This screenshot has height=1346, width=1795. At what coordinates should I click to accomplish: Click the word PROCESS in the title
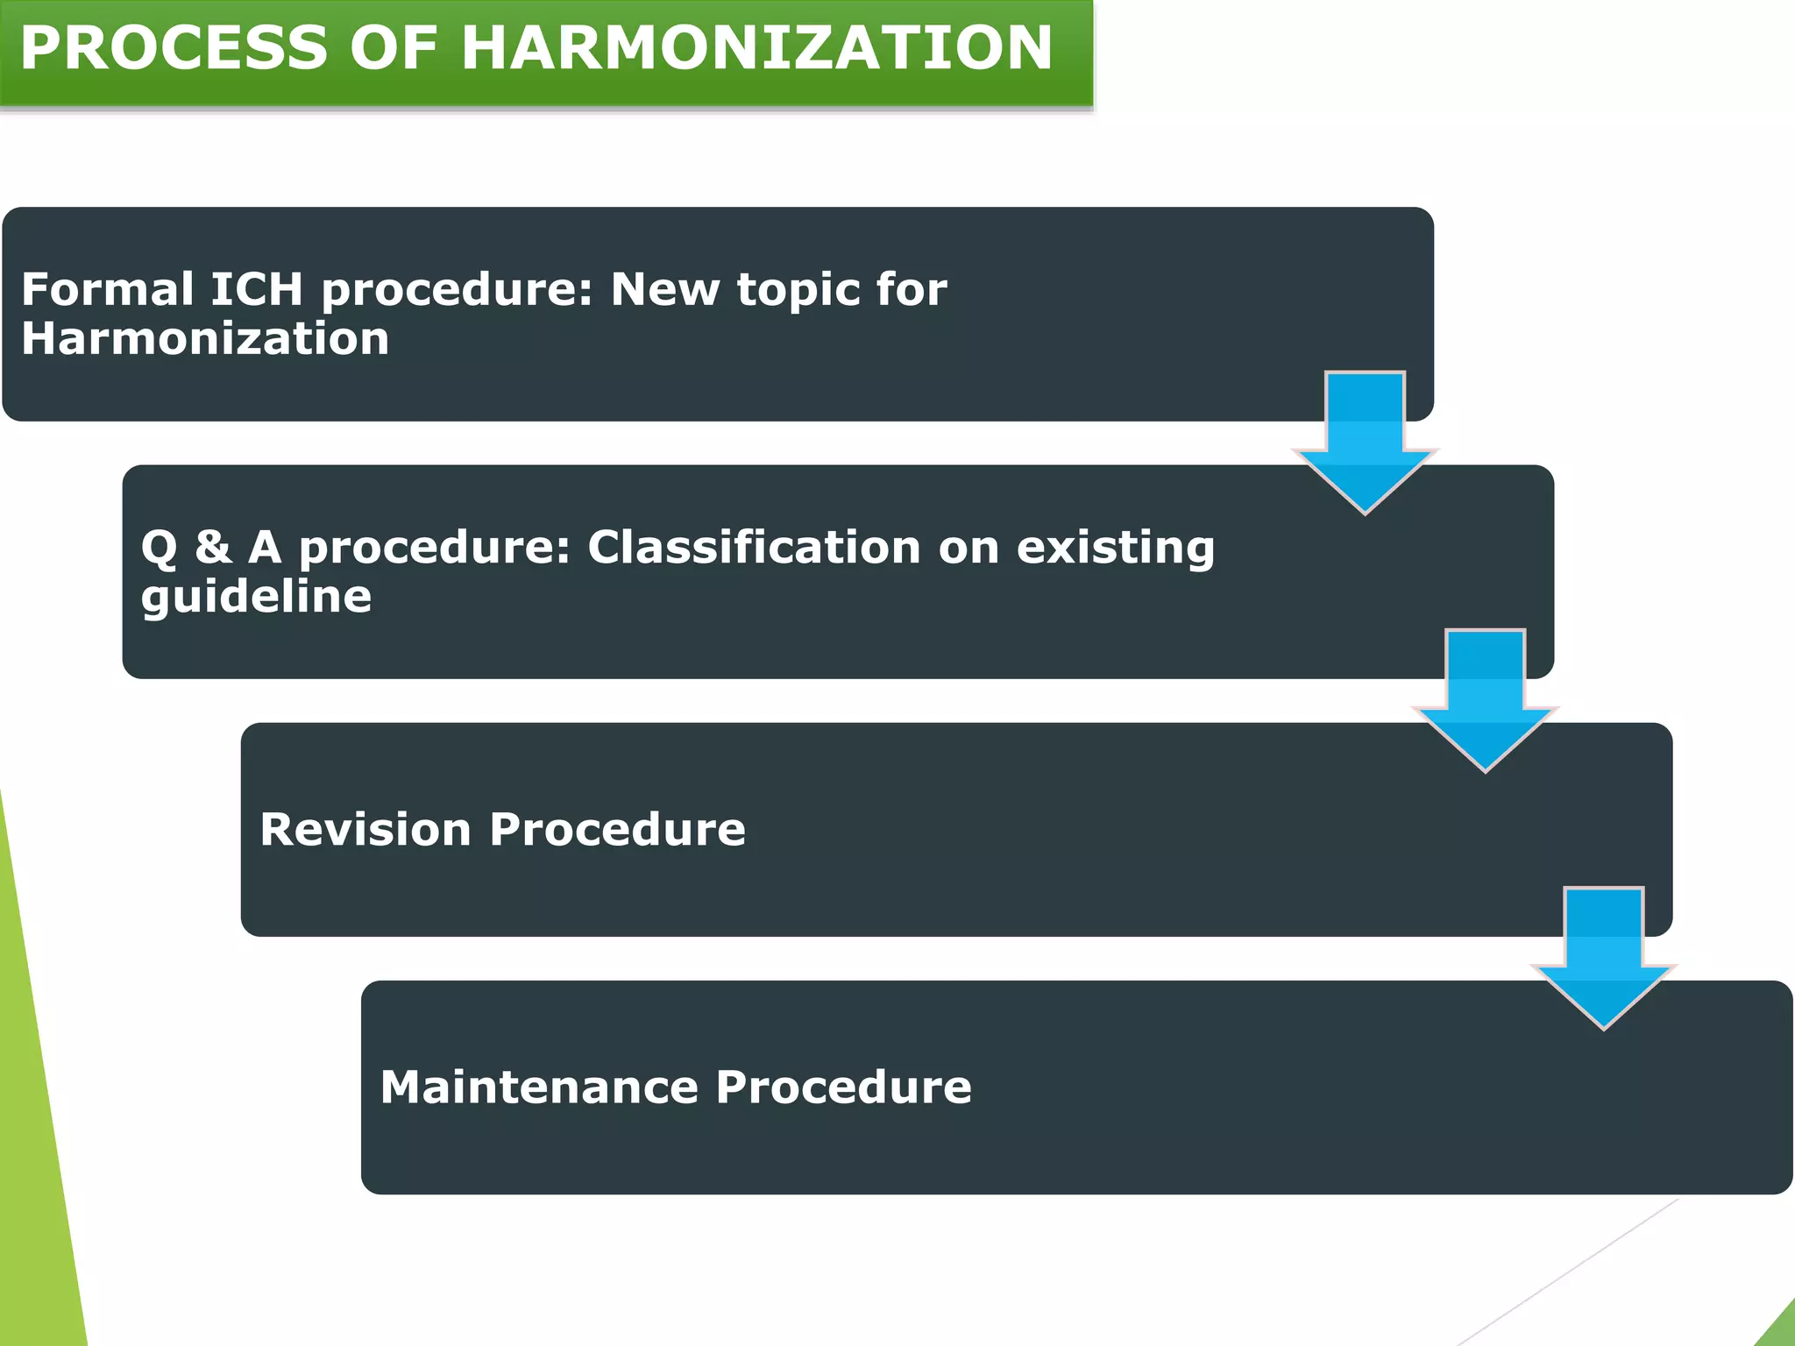[x=174, y=48]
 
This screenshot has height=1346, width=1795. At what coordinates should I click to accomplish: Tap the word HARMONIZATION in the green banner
[x=756, y=48]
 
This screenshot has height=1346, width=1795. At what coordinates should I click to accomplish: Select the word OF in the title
[x=394, y=48]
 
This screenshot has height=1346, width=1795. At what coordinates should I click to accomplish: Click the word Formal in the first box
[x=107, y=289]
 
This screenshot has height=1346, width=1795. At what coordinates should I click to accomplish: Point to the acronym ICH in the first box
[x=257, y=289]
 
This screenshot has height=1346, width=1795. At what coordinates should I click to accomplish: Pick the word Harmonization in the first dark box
[x=205, y=339]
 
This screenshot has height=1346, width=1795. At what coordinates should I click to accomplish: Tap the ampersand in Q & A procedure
[x=213, y=547]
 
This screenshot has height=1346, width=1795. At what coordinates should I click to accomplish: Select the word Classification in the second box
[x=754, y=547]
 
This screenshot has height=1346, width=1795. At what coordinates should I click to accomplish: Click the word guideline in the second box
[x=256, y=598]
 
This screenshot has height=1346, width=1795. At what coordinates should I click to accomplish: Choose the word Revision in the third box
[x=365, y=829]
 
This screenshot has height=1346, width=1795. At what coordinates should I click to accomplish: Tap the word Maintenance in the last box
[x=538, y=1087]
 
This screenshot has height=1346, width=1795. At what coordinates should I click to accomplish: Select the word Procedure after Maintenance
[x=843, y=1087]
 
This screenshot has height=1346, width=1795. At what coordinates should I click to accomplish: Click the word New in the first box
[x=663, y=289]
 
